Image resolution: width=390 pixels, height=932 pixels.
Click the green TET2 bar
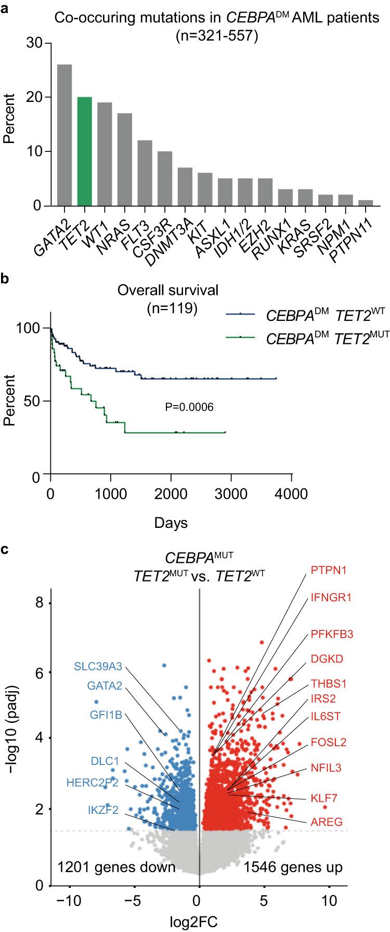(x=84, y=151)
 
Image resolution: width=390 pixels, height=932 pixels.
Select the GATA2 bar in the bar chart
(x=64, y=135)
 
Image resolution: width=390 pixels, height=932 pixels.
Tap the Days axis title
(x=171, y=522)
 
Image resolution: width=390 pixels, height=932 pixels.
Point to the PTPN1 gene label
(x=329, y=571)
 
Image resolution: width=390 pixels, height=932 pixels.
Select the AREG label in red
(x=326, y=822)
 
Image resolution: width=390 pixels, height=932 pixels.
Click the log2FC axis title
(x=200, y=923)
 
